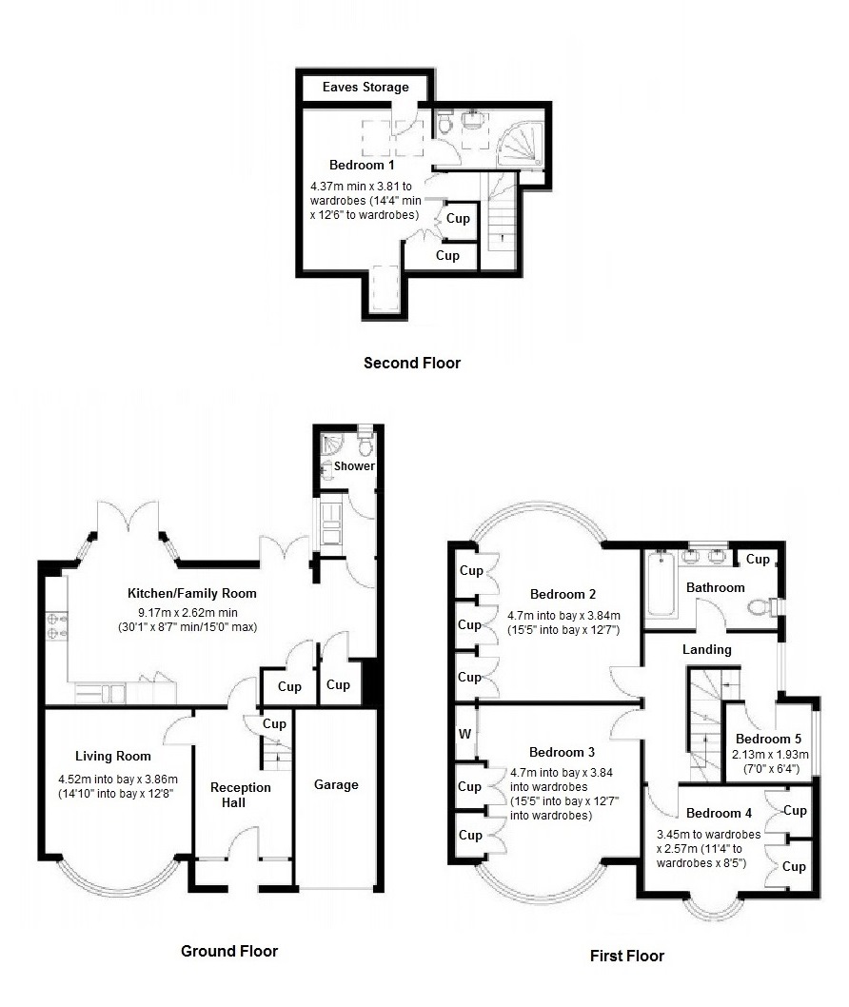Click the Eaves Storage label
365,88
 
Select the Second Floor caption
412,363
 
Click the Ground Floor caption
229,951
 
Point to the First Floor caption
626,956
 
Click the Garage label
337,785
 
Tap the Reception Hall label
241,795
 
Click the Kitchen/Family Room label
192,593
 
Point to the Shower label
354,466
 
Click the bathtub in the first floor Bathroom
660,583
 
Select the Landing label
707,650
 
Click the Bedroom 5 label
769,740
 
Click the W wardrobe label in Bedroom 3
464,734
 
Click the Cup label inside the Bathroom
758,560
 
